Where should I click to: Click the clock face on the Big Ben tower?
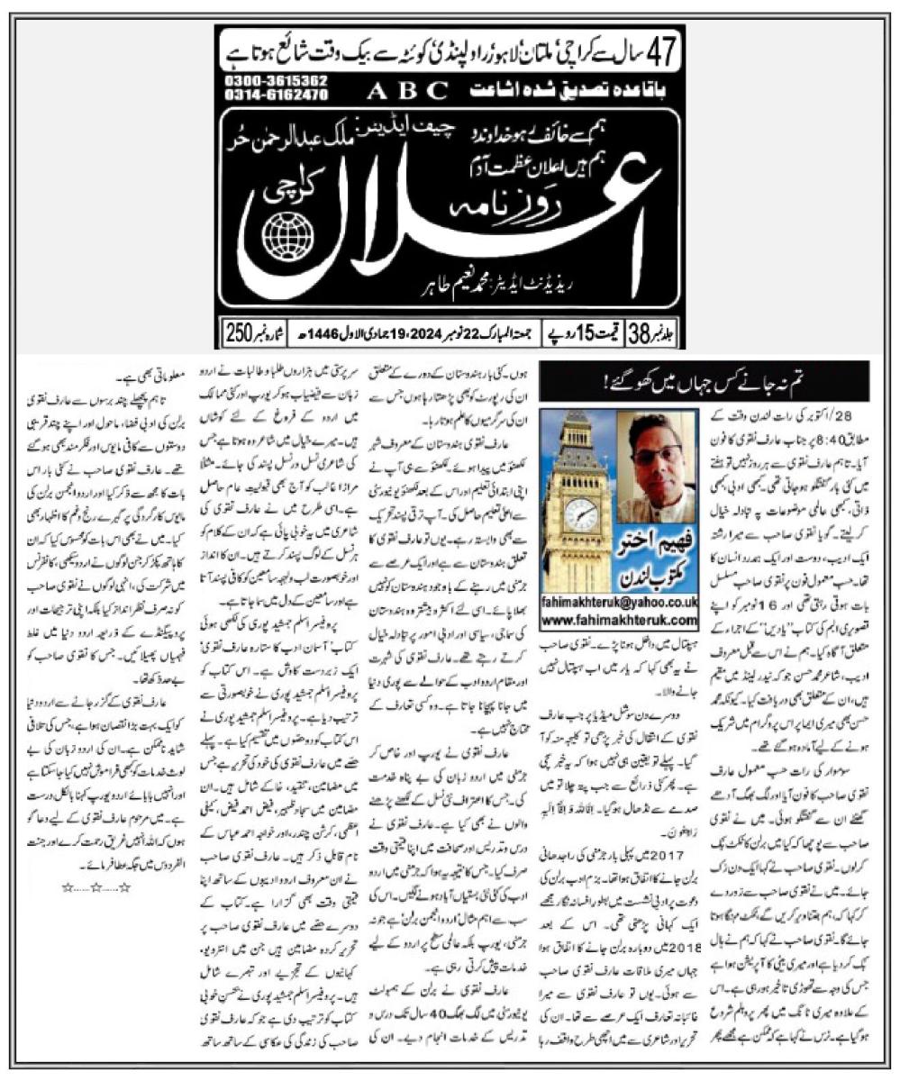point(581,515)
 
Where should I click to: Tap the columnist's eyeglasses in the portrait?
point(658,454)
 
